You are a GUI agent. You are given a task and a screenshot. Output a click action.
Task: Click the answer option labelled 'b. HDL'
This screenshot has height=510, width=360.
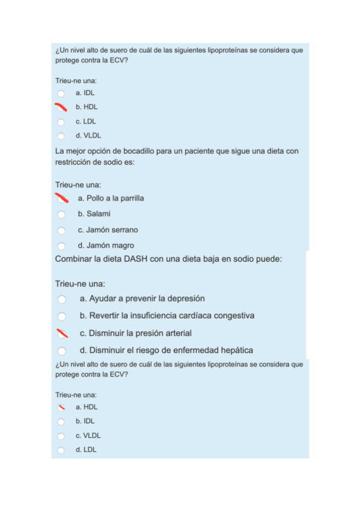pyautogui.click(x=87, y=107)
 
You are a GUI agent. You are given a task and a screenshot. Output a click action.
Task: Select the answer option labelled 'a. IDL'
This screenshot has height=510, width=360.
pyautogui.click(x=85, y=93)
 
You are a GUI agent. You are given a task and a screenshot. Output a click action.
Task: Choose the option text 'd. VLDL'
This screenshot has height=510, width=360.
pyautogui.click(x=88, y=135)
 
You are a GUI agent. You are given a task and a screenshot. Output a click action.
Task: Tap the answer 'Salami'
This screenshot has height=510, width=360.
pyautogui.click(x=99, y=214)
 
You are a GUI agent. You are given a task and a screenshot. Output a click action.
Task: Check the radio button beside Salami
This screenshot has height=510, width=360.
pyautogui.click(x=61, y=214)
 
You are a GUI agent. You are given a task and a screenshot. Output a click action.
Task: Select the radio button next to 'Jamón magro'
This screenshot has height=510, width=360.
pyautogui.click(x=61, y=246)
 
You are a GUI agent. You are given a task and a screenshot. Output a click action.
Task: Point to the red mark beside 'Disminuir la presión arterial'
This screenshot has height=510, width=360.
pyautogui.click(x=61, y=333)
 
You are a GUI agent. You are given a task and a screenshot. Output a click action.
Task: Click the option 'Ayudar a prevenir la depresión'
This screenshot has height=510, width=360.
pyautogui.click(x=142, y=298)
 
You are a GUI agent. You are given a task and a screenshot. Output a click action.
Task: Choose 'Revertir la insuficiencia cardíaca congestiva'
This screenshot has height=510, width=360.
pyautogui.click(x=166, y=316)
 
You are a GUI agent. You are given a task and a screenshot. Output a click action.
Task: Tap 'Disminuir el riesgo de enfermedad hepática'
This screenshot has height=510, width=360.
pyautogui.click(x=166, y=350)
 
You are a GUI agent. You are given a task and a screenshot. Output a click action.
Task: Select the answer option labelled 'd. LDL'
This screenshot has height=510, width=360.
pyautogui.click(x=86, y=449)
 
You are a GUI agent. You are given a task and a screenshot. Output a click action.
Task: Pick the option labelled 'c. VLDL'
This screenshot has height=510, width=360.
pyautogui.click(x=88, y=435)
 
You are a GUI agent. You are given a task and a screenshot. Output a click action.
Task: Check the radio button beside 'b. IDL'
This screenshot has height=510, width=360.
pyautogui.click(x=61, y=422)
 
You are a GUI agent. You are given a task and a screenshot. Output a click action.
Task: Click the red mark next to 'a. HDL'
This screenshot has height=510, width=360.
pyautogui.click(x=61, y=407)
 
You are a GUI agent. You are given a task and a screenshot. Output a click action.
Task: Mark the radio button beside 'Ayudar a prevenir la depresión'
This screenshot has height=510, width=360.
pyautogui.click(x=61, y=299)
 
